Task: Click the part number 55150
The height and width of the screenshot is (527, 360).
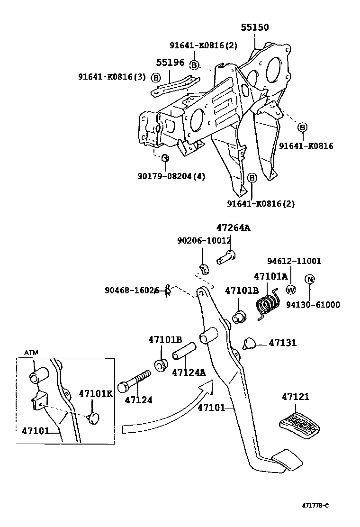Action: [x=254, y=27]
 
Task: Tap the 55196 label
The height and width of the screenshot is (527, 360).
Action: [x=171, y=63]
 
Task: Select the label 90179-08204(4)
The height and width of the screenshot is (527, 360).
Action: [x=171, y=176]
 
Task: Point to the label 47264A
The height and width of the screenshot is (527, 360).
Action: [x=233, y=227]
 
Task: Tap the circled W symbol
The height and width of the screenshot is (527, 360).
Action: [x=291, y=290]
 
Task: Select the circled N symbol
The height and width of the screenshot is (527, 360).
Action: [x=309, y=279]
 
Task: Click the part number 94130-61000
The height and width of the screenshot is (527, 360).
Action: [x=313, y=305]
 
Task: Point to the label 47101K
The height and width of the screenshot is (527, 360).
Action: [x=95, y=393]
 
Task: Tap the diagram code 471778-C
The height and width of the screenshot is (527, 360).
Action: [x=315, y=505]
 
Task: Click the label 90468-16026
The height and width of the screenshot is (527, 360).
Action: [x=131, y=290]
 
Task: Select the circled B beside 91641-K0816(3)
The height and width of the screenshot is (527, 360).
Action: [x=156, y=77]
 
